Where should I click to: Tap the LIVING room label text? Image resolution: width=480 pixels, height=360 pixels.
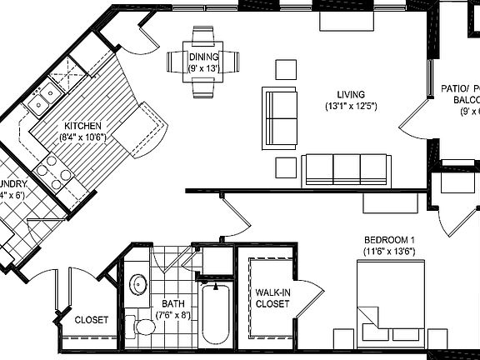tap(352, 95)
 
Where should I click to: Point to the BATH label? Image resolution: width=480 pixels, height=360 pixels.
tap(173, 304)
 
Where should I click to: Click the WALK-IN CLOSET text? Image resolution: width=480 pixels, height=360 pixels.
tap(272, 298)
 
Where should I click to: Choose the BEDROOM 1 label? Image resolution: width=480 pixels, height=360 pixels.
tap(388, 239)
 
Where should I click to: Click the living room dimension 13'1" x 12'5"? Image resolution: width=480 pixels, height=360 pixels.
tap(352, 107)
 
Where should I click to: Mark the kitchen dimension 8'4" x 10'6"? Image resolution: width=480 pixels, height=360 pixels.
tap(82, 137)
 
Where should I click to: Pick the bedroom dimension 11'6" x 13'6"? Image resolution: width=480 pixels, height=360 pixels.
tap(388, 251)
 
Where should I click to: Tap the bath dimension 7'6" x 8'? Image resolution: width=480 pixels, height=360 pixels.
tap(173, 315)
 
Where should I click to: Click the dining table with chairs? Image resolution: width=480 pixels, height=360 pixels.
tap(202, 61)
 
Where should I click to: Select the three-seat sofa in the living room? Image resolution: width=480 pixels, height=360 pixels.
tap(346, 169)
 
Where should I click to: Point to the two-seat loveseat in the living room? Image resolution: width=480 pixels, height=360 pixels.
tap(280, 117)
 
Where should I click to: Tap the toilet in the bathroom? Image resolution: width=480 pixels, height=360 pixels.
tap(143, 324)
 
